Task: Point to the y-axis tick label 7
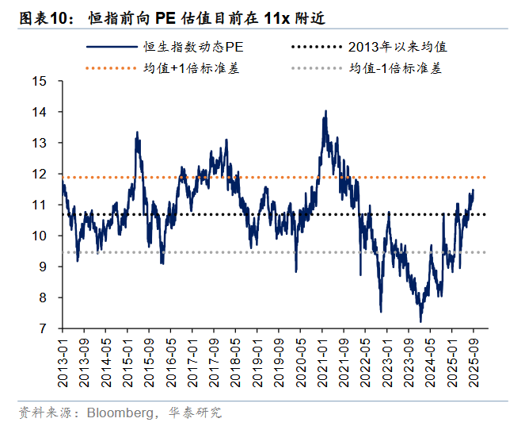(x=44, y=328)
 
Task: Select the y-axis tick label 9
(x=44, y=267)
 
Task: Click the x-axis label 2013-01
(x=64, y=358)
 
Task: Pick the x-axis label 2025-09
(x=474, y=358)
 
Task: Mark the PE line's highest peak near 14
(x=325, y=112)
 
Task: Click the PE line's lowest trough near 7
(x=420, y=320)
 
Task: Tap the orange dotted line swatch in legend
(x=110, y=69)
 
